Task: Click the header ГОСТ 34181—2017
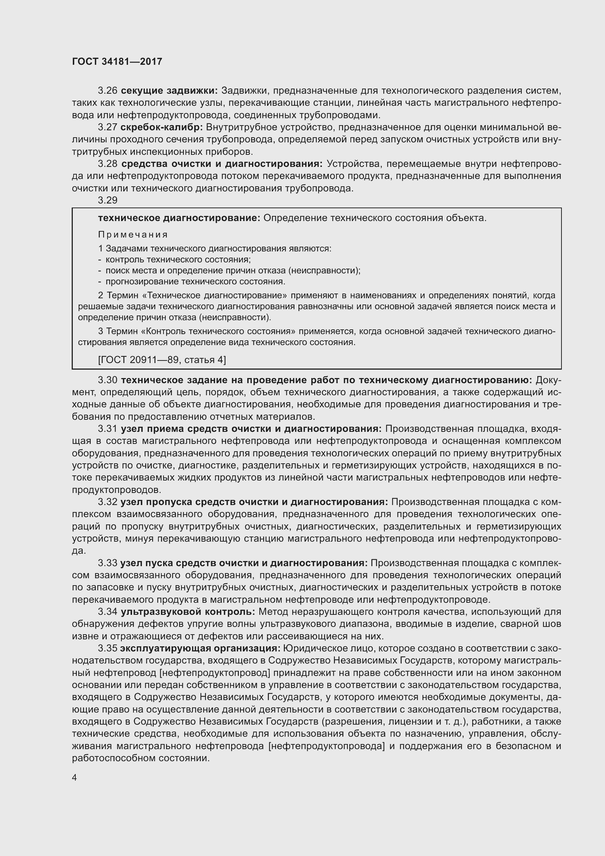[117, 61]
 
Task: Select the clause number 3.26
[108, 91]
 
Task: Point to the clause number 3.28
[108, 164]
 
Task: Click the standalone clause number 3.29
[108, 201]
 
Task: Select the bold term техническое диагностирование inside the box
[179, 218]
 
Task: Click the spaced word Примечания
[133, 235]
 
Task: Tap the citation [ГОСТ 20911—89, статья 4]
[162, 360]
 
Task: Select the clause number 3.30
[108, 380]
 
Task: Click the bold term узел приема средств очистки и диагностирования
[251, 429]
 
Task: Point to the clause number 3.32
[108, 502]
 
